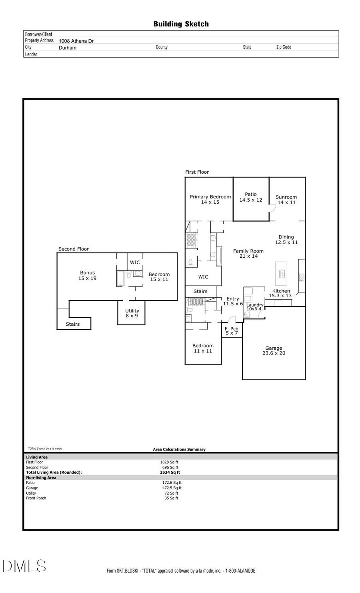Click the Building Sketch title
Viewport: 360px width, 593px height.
181,24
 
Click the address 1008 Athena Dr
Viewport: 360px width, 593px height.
76,41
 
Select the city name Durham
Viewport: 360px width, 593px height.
67,48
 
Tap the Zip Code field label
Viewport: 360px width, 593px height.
284,47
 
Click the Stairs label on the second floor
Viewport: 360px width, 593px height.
73,324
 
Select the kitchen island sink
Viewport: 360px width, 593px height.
282,274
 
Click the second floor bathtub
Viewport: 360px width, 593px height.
120,278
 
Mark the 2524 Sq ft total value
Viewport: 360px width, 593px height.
170,472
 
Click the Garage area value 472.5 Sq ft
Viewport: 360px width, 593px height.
172,488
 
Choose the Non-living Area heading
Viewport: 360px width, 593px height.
41,477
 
